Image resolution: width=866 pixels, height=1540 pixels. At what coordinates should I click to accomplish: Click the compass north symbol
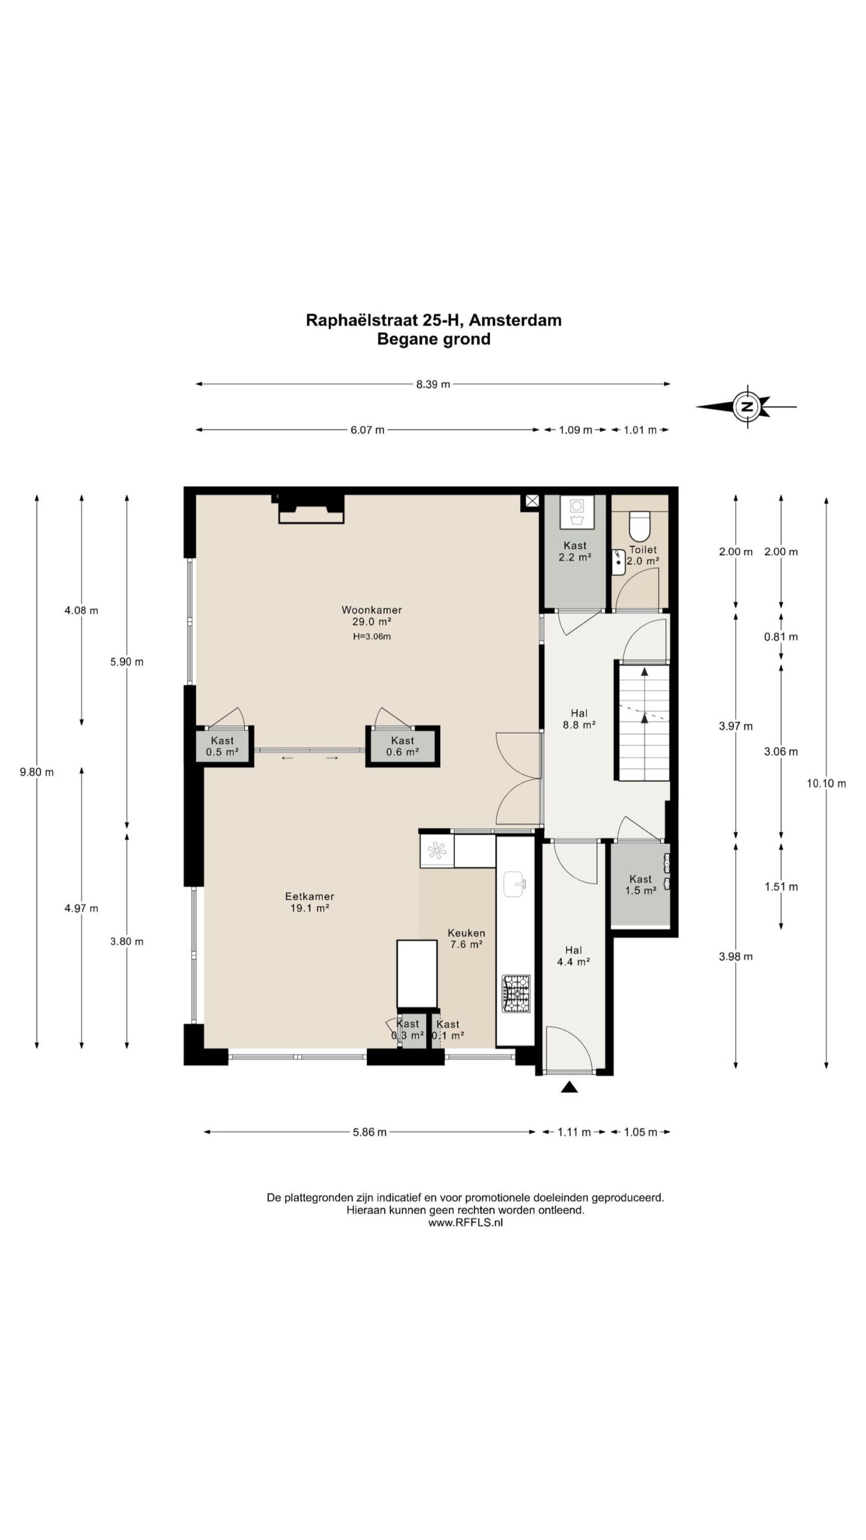click(x=747, y=406)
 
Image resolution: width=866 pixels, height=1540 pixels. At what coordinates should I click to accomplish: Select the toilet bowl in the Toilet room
click(x=639, y=525)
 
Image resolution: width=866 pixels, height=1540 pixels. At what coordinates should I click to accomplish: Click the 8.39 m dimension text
click(x=433, y=384)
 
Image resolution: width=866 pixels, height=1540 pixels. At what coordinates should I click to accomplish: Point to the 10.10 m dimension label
click(x=827, y=783)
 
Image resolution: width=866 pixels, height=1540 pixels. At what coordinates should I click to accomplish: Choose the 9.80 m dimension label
click(x=37, y=772)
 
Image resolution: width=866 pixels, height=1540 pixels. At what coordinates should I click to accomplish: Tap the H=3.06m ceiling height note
click(x=372, y=636)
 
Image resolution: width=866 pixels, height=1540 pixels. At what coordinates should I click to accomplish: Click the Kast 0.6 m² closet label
click(x=402, y=746)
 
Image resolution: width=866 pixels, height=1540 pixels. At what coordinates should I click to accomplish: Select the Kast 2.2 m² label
click(x=575, y=551)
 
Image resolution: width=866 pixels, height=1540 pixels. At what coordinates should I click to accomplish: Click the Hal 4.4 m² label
click(x=573, y=956)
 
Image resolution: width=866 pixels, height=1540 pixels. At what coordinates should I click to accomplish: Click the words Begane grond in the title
click(x=434, y=339)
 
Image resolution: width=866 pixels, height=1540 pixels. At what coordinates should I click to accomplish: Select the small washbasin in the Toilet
click(x=618, y=562)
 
